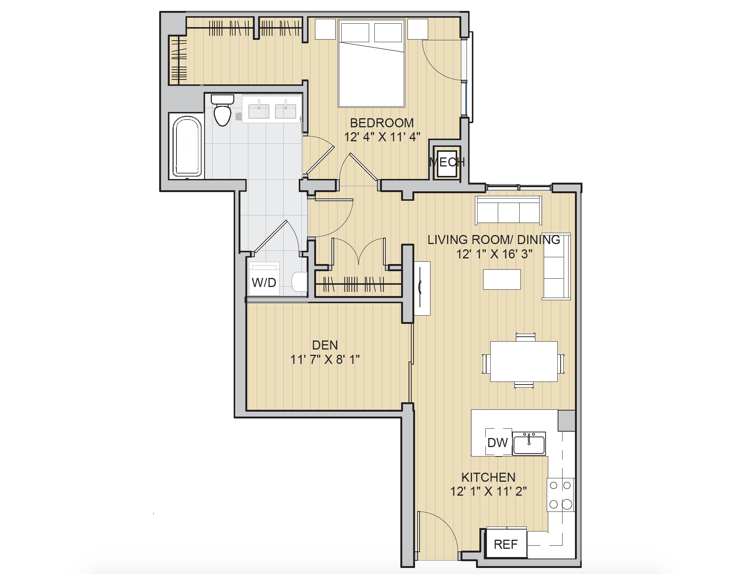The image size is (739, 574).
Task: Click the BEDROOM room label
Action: [x=382, y=123]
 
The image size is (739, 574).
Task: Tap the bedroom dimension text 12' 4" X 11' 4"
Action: [x=382, y=137]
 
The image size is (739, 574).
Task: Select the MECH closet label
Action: [x=447, y=162]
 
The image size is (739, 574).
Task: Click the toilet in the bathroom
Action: [x=222, y=111]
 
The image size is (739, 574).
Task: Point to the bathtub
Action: [x=187, y=147]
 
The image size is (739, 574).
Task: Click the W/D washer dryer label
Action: [x=264, y=282]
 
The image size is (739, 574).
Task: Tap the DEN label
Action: [x=325, y=345]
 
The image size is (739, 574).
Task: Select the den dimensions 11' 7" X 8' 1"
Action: [x=325, y=360]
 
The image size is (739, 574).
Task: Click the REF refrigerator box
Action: [x=506, y=544]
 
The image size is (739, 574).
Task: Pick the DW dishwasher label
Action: [x=497, y=443]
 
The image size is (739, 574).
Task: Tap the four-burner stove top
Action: [x=560, y=495]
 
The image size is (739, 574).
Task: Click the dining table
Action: [x=523, y=361]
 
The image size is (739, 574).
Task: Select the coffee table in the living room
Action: [x=502, y=279]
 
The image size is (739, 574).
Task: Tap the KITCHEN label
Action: [x=488, y=478]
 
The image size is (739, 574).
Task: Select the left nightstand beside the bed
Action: [x=325, y=29]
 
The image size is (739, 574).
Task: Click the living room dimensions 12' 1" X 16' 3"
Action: [x=494, y=254]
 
